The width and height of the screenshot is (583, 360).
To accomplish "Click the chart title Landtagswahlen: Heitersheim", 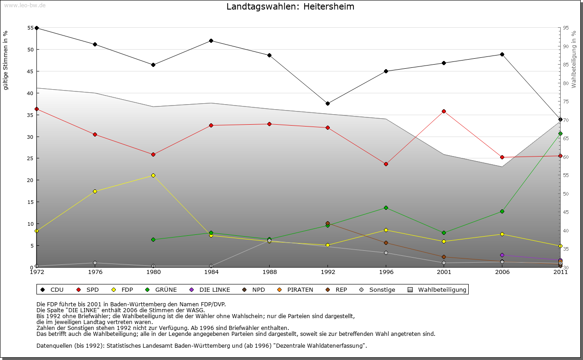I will (x=290, y=7).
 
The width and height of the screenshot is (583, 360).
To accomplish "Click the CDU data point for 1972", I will (x=36, y=28).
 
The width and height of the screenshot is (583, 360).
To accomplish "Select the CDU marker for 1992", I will (x=327, y=103).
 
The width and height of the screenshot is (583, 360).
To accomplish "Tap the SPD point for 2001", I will (x=444, y=111).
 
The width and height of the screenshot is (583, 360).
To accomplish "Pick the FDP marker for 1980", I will (x=153, y=175).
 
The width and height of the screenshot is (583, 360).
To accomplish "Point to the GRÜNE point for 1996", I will (x=386, y=208).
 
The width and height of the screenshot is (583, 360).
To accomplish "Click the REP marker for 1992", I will (x=327, y=223).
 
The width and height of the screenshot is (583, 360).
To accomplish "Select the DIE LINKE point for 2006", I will (x=502, y=255).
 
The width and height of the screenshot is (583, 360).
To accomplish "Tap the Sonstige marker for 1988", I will (x=269, y=241).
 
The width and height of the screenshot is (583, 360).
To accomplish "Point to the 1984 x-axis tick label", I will (x=211, y=272).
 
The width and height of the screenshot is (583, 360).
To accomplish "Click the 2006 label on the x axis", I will (x=502, y=272).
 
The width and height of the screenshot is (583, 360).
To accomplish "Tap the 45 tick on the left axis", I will (x=31, y=71).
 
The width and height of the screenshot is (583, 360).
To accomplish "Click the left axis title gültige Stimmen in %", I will (x=6, y=60).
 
